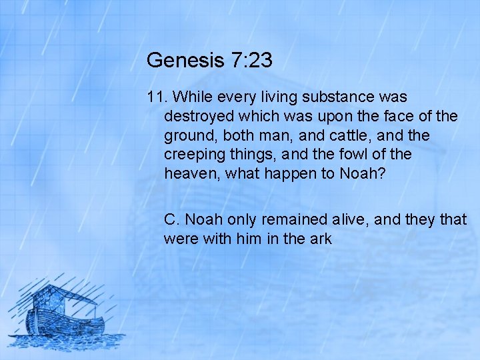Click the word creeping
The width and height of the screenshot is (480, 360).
pos(195,155)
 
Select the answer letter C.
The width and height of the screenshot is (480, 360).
pos(171,219)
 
